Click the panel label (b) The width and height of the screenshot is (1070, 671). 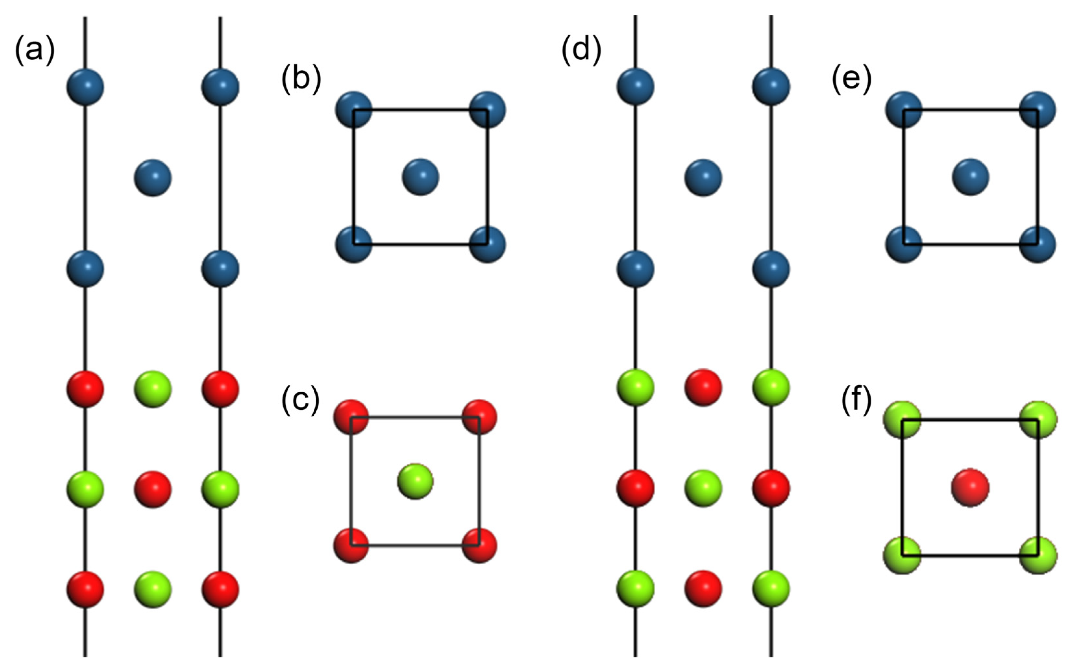point(301,79)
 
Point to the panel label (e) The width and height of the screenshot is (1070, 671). point(851,79)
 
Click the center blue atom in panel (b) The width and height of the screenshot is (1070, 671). point(420,177)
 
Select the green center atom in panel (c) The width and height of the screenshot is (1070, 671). point(415,482)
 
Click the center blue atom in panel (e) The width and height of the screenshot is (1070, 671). point(971,177)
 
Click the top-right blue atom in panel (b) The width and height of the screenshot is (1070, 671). point(487,110)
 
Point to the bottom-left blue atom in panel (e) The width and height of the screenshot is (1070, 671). point(903,244)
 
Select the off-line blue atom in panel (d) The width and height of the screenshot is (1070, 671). point(703,177)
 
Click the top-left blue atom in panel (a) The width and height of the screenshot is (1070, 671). point(85,87)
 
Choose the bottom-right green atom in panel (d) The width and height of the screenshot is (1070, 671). point(771,589)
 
